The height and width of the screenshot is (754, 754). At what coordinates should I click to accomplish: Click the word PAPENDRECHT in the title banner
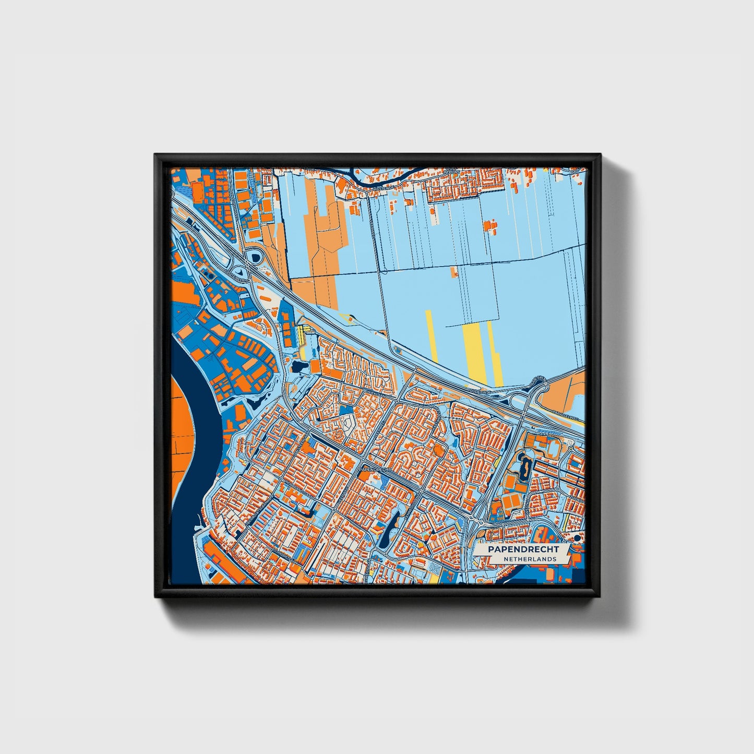click(523, 549)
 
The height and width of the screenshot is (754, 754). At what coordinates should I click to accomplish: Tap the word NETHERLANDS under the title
click(530, 559)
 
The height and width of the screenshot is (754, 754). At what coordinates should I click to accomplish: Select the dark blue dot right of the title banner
click(577, 538)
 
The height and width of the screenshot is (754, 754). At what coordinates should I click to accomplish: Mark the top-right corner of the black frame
click(599, 154)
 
